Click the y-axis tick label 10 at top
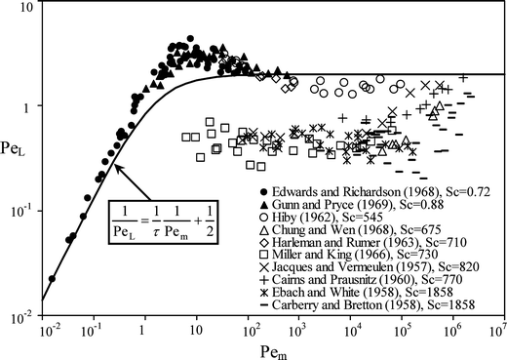(x=31, y=8)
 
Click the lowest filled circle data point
(x=52, y=279)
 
